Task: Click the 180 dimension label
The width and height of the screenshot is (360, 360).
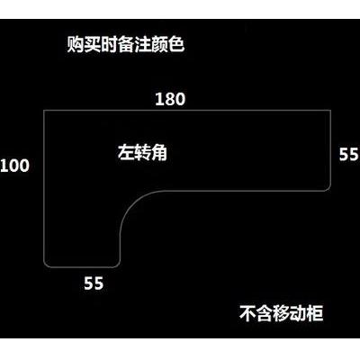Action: [170, 99]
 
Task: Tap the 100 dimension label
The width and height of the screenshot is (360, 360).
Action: [14, 166]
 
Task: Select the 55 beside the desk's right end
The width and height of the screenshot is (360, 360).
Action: [349, 155]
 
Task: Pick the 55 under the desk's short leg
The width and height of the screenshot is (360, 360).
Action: [94, 283]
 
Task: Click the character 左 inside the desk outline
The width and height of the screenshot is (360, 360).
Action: [126, 152]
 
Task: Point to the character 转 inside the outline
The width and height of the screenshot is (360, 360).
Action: [142, 152]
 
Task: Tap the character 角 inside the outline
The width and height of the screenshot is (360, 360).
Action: [158, 152]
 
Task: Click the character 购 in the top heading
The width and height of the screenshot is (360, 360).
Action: [75, 45]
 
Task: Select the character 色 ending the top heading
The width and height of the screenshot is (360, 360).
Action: [175, 45]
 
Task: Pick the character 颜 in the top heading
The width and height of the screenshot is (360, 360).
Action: [159, 45]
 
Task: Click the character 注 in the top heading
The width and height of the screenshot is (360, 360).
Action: [142, 45]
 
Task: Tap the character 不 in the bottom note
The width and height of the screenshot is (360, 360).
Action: [247, 313]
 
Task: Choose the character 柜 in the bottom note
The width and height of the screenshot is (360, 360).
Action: [315, 313]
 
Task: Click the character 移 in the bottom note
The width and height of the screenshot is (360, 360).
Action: [282, 313]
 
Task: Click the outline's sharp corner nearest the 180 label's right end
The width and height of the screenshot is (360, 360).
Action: [331, 111]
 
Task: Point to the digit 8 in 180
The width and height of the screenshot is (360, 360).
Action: [170, 99]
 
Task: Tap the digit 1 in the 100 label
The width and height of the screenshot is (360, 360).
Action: [4, 166]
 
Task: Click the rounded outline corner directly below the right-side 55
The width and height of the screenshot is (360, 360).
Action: [328, 188]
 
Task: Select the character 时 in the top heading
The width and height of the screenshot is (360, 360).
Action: [109, 45]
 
